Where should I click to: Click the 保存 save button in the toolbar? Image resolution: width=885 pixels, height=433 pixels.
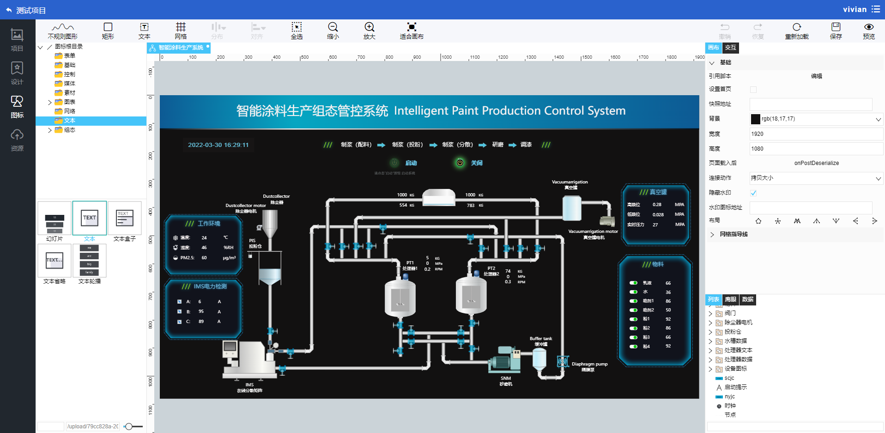click(x=836, y=30)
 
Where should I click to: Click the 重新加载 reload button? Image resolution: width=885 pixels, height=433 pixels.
click(x=797, y=30)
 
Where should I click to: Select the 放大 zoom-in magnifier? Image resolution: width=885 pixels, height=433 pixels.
click(x=369, y=30)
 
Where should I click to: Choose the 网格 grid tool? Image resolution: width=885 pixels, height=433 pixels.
click(x=181, y=30)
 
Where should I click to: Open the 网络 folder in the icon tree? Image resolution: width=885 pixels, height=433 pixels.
click(x=69, y=111)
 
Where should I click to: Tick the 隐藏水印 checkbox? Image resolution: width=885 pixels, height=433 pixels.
click(x=753, y=193)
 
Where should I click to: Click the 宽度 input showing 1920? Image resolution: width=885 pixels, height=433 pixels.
click(x=816, y=134)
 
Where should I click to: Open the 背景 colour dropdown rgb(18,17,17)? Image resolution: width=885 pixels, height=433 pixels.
click(x=816, y=119)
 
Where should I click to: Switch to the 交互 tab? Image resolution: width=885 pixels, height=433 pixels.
click(x=730, y=48)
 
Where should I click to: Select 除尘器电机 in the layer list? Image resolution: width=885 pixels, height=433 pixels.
click(x=738, y=323)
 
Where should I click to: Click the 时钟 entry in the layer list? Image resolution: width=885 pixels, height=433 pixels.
click(x=730, y=406)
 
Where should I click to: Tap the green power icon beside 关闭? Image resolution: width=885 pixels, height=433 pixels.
click(x=460, y=163)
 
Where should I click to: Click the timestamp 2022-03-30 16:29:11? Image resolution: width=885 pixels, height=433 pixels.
click(x=218, y=145)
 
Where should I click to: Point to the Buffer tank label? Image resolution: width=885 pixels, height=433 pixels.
click(x=541, y=339)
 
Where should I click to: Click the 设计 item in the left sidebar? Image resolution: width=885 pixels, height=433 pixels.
click(x=17, y=73)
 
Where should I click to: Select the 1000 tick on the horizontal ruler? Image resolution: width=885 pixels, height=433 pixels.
click(x=446, y=57)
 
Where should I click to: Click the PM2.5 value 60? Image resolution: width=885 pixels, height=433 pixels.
click(x=204, y=258)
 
